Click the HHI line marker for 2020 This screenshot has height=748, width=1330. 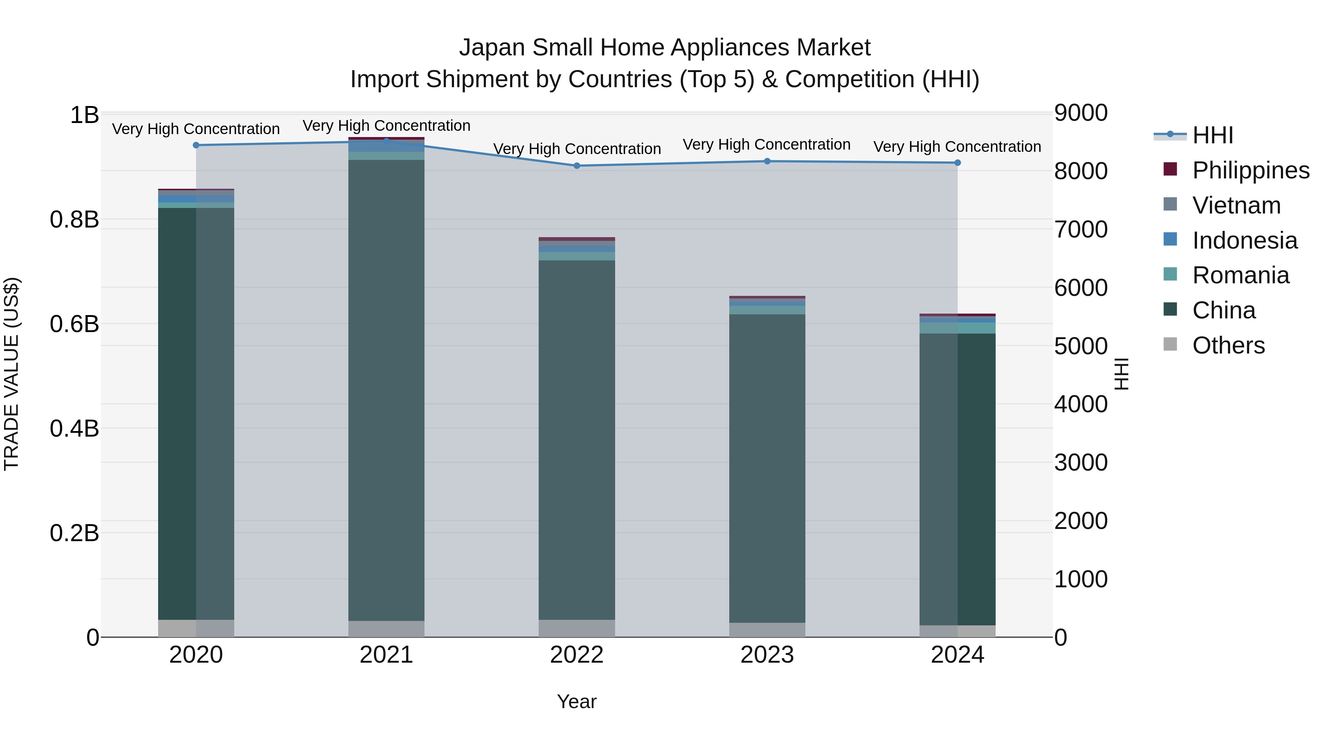pos(196,145)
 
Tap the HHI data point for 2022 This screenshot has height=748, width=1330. pos(577,166)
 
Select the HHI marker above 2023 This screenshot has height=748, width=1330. pos(767,161)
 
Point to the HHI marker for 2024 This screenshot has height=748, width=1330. pos(957,163)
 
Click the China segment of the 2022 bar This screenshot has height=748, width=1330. pos(577,439)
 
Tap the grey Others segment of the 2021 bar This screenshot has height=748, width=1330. pos(386,629)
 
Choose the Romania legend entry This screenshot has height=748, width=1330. pos(1240,275)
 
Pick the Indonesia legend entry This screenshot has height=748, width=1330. pos(1244,240)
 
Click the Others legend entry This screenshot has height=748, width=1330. pos(1228,345)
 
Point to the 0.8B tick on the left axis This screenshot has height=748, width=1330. pos(74,219)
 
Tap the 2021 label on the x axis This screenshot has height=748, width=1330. pos(386,655)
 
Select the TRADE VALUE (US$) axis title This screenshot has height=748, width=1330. pos(11,374)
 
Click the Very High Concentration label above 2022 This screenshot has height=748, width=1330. pos(577,148)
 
